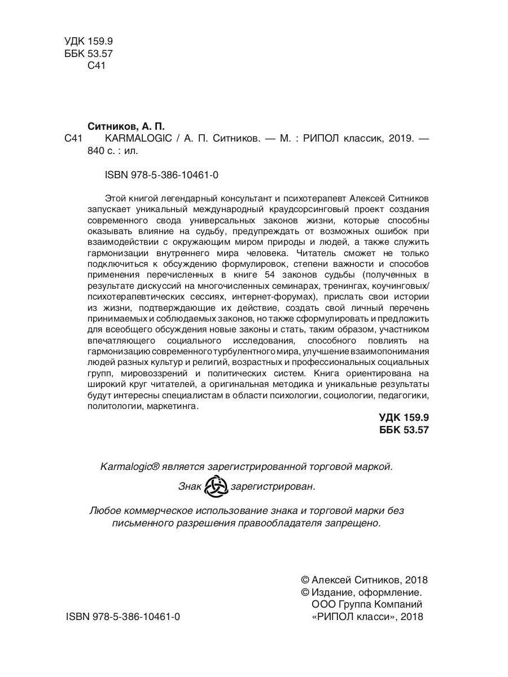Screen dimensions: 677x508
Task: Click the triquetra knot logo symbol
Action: (x=215, y=486)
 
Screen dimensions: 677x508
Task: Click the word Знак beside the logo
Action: (x=190, y=486)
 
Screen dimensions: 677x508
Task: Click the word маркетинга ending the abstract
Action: (x=172, y=407)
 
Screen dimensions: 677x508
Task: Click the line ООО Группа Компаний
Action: (x=366, y=605)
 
